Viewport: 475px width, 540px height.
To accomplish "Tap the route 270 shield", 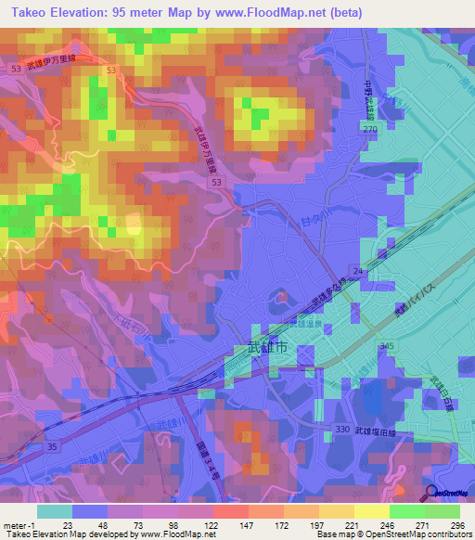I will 370,130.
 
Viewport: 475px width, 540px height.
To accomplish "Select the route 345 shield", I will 386,346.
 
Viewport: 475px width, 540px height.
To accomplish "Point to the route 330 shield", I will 342,429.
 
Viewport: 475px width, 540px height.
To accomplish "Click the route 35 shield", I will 52,446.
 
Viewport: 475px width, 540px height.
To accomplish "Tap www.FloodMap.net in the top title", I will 278,11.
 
